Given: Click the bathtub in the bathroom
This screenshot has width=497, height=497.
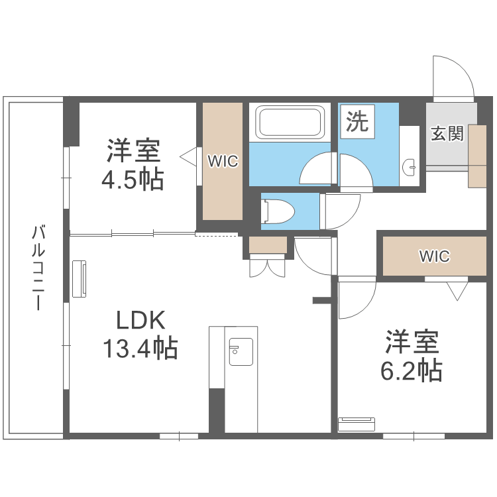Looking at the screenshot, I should (x=290, y=123).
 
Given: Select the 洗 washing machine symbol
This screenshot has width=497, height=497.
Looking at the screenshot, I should (x=358, y=122).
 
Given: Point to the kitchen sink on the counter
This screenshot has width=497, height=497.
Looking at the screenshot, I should (x=239, y=351).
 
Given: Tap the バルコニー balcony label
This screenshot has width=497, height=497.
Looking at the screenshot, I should (x=38, y=268).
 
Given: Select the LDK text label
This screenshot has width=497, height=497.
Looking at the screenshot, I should (x=140, y=321).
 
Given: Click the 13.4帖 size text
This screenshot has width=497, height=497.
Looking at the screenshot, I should (x=140, y=347).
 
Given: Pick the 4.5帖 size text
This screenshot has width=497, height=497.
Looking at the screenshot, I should (x=133, y=180).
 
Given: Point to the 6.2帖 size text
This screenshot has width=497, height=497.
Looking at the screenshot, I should (x=411, y=371).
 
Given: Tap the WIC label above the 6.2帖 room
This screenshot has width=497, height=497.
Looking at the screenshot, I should (x=434, y=256).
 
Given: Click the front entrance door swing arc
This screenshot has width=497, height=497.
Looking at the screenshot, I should (x=453, y=76).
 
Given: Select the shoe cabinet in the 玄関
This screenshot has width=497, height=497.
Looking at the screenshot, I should (x=477, y=155).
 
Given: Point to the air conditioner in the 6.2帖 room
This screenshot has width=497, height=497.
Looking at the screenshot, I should (x=357, y=423).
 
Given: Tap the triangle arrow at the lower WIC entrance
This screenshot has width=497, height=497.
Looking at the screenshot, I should (x=457, y=290).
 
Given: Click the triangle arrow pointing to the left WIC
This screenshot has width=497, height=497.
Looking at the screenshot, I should (x=188, y=156).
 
